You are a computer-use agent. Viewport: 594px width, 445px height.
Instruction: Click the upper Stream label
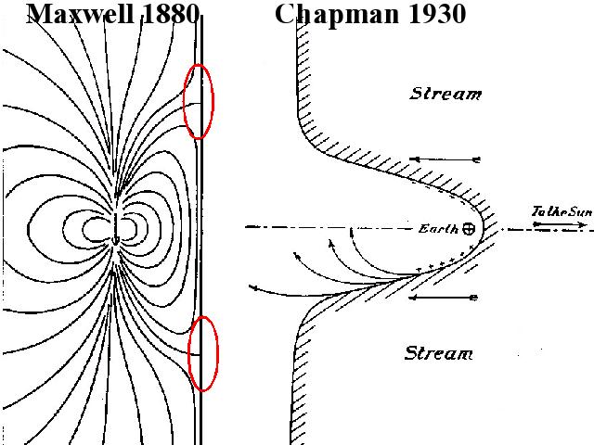pos(446,94)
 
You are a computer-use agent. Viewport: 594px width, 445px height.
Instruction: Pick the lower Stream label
pos(439,353)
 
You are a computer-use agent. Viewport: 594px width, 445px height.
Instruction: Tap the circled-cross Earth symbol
pos(468,228)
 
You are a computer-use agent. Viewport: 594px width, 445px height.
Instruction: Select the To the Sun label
pos(561,212)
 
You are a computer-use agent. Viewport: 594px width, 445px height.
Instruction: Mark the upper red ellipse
pos(199,101)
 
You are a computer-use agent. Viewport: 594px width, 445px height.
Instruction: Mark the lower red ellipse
pos(202,353)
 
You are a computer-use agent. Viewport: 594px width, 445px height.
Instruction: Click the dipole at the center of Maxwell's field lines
pos(115,227)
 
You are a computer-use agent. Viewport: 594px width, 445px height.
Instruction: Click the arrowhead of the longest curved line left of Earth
pos(252,288)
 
